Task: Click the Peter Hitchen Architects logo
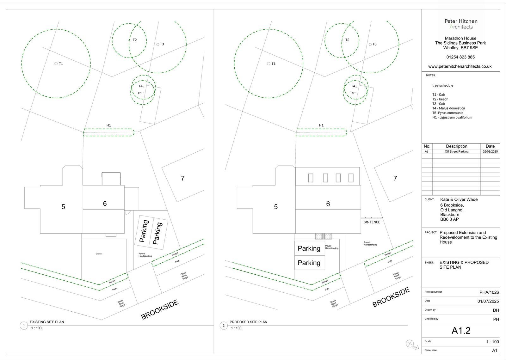461,24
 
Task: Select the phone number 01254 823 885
460,57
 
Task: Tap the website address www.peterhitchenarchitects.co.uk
460,66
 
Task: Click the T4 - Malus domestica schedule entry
448,108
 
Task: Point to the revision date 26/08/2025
490,152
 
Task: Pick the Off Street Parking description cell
456,152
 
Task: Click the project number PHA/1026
489,292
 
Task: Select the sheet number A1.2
461,331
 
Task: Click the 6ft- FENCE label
372,222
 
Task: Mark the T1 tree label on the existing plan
61,64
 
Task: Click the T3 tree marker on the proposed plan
371,44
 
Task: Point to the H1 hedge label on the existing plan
108,125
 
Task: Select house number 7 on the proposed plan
395,179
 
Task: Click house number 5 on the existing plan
63,207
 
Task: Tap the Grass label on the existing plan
99,254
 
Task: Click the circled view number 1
24,326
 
